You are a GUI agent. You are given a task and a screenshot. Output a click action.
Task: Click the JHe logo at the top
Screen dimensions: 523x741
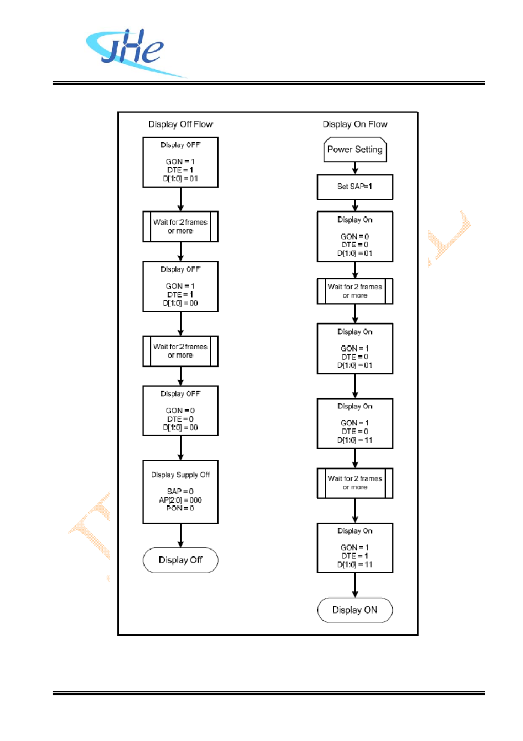point(133,53)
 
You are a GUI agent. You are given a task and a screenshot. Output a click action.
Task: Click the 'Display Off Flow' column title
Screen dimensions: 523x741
point(181,124)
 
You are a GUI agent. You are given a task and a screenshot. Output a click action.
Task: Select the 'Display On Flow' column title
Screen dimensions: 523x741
point(355,124)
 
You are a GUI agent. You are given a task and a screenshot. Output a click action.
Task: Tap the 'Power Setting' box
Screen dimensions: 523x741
point(355,150)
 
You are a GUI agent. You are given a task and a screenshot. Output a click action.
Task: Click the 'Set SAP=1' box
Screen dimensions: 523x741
point(355,187)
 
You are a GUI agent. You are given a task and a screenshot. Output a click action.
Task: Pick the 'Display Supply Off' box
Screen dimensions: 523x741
point(181,492)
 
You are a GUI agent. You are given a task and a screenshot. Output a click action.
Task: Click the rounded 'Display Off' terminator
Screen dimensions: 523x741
point(181,560)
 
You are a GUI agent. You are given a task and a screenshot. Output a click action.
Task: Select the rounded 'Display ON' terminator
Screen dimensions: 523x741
point(355,610)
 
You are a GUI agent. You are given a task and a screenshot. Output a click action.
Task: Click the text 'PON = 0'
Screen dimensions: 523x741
point(180,508)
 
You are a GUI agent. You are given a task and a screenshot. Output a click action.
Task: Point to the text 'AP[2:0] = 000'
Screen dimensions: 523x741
point(180,500)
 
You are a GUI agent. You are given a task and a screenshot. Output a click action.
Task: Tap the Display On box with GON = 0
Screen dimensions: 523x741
point(355,236)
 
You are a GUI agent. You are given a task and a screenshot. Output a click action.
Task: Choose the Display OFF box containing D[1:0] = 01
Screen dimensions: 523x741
point(181,162)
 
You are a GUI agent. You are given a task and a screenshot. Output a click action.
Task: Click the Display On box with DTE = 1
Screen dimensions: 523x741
point(355,548)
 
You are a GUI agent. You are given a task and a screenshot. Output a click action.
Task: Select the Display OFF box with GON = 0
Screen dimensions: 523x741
point(181,411)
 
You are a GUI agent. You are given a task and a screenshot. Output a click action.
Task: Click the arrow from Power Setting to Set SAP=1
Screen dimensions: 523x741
point(355,168)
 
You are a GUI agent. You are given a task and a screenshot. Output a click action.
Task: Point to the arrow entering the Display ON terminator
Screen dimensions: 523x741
point(355,585)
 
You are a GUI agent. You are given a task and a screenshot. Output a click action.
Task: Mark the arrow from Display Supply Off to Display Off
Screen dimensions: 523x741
point(181,536)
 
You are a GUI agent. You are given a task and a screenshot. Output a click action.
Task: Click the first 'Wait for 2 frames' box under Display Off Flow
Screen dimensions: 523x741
point(181,226)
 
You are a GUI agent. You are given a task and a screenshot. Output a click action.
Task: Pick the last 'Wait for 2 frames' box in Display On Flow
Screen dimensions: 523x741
point(355,483)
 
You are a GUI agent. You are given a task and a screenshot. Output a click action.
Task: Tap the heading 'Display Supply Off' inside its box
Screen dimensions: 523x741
point(181,475)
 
